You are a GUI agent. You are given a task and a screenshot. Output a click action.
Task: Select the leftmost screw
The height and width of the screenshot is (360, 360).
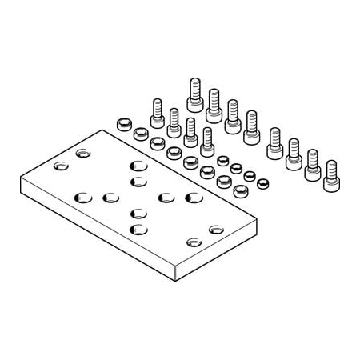pyautogui.click(x=157, y=111)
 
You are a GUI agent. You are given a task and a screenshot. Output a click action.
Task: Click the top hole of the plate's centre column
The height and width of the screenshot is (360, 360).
pyautogui.click(x=137, y=166)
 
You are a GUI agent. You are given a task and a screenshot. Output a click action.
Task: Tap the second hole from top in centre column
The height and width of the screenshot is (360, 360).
pyautogui.click(x=137, y=182)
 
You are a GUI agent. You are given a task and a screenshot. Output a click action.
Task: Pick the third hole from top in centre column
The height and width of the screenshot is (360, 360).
pyautogui.click(x=137, y=214)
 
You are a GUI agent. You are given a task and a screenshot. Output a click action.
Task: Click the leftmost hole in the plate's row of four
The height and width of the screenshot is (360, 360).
pyautogui.click(x=82, y=195)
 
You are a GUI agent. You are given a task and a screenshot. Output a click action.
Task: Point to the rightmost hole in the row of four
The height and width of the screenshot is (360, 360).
pyautogui.click(x=191, y=197)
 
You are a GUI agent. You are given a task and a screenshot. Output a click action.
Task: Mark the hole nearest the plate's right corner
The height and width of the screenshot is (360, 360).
pyautogui.click(x=216, y=230)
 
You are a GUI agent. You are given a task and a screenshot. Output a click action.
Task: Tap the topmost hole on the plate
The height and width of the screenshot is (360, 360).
pyautogui.click(x=82, y=153)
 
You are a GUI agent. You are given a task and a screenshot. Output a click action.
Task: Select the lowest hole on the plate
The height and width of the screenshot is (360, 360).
pyautogui.click(x=193, y=242)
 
